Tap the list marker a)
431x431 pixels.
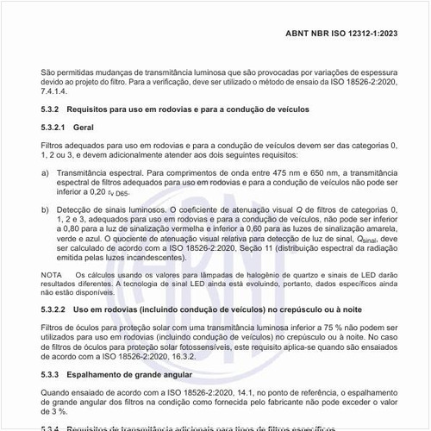coord(45,172)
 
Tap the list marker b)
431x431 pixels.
coord(45,208)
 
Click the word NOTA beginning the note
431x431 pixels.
coord(52,275)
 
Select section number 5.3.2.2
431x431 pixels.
coord(53,308)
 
